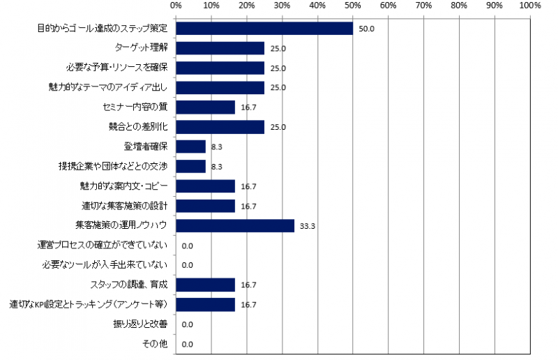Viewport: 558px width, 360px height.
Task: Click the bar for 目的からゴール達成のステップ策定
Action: click(264, 29)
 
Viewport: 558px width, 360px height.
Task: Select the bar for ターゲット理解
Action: click(220, 48)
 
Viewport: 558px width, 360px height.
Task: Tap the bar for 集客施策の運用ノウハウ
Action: click(235, 225)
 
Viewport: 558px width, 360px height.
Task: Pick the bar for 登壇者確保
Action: click(191, 147)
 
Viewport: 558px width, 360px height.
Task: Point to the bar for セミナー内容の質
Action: click(206, 107)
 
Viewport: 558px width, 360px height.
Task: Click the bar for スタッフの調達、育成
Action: click(206, 285)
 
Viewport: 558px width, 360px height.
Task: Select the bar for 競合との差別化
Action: click(220, 127)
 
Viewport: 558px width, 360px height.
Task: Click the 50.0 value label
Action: click(367, 29)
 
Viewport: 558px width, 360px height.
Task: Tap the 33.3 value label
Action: click(308, 226)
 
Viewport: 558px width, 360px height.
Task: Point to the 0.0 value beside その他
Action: click(187, 344)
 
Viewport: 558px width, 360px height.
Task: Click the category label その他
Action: click(158, 344)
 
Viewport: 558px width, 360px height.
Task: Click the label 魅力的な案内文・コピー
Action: click(124, 186)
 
